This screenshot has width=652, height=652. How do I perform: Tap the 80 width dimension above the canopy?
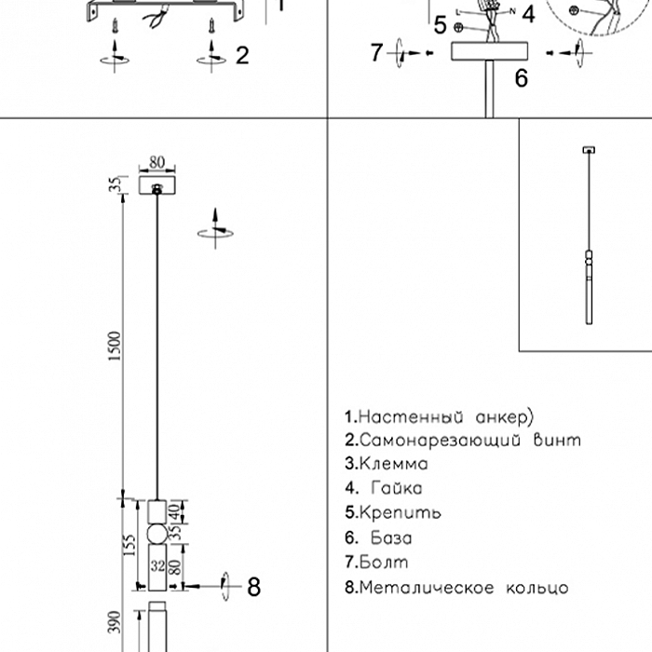point(156,163)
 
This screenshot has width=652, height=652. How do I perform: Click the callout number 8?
point(253,587)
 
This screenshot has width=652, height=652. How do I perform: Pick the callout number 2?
point(242,55)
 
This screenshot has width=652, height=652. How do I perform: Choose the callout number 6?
point(521,79)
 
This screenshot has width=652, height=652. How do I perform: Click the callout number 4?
point(527,13)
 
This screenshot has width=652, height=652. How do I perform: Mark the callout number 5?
point(440,25)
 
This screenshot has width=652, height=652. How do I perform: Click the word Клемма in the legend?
point(393,463)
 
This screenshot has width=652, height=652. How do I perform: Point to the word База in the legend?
point(391,537)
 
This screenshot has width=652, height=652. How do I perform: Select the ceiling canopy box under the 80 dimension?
point(156,187)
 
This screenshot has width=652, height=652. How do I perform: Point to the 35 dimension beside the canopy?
point(115,185)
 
